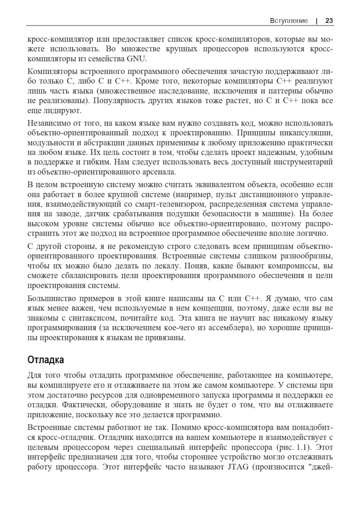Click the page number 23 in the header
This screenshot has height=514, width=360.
point(329,21)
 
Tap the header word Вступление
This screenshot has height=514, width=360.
point(289,21)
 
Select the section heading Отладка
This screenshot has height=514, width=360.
point(46,360)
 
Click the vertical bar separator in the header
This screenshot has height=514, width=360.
point(316,21)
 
